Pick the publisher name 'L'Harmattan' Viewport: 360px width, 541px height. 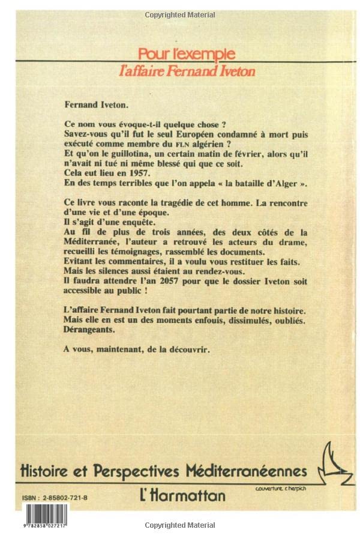pyautogui.click(x=184, y=495)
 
